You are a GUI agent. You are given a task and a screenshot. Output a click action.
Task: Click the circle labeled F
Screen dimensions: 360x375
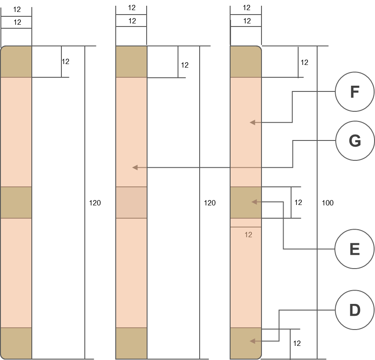click(355, 92)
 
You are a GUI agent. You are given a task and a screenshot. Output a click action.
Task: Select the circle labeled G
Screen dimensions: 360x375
click(355, 141)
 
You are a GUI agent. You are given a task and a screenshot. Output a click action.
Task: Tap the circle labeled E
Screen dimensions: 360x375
click(355, 249)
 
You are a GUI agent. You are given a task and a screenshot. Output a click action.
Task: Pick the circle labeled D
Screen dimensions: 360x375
click(355, 310)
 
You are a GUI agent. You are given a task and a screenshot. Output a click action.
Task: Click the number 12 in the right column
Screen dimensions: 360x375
click(248, 235)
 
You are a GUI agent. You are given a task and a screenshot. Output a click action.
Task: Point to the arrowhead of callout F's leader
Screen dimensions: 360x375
click(252, 122)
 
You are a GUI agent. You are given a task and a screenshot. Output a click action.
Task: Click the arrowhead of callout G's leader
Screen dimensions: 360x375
click(135, 167)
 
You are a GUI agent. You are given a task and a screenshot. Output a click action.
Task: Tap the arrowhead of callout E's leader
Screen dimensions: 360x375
click(254, 202)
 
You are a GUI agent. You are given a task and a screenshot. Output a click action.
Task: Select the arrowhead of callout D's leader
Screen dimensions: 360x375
click(252, 341)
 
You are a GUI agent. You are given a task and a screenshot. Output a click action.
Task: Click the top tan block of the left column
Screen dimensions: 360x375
click(16, 62)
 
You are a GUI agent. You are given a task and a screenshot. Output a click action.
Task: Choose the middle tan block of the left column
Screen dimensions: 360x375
click(16, 202)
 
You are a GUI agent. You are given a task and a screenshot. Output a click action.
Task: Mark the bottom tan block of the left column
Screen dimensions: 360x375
click(16, 343)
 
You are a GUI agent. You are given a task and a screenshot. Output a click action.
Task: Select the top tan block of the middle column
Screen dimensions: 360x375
click(131, 62)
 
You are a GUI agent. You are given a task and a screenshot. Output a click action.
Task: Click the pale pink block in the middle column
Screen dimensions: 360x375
click(131, 202)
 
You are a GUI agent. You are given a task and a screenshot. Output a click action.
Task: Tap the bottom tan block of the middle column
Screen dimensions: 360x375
click(131, 343)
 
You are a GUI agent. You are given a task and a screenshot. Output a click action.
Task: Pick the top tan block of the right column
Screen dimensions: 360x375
click(246, 62)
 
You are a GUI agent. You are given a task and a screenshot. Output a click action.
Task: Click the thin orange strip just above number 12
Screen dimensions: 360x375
click(246, 223)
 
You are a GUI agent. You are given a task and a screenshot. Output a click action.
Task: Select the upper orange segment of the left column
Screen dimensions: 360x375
click(16, 132)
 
